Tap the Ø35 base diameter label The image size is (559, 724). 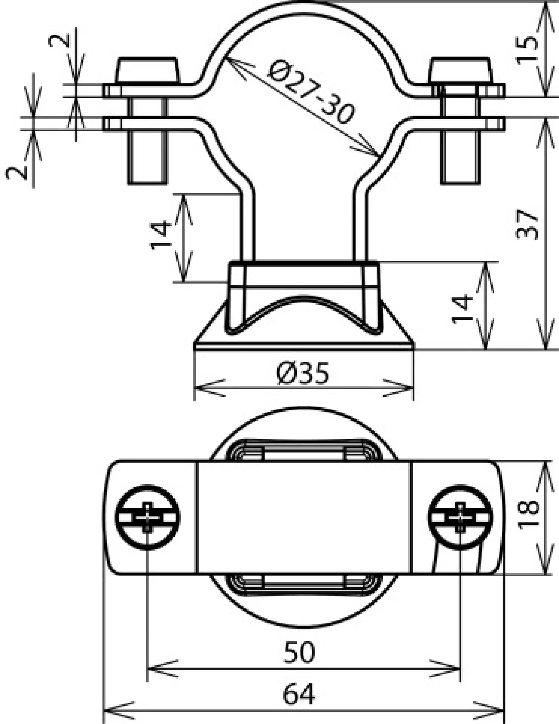pyautogui.click(x=303, y=373)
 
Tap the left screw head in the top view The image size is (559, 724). pyautogui.click(x=148, y=518)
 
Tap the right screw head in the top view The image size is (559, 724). pyautogui.click(x=460, y=518)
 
